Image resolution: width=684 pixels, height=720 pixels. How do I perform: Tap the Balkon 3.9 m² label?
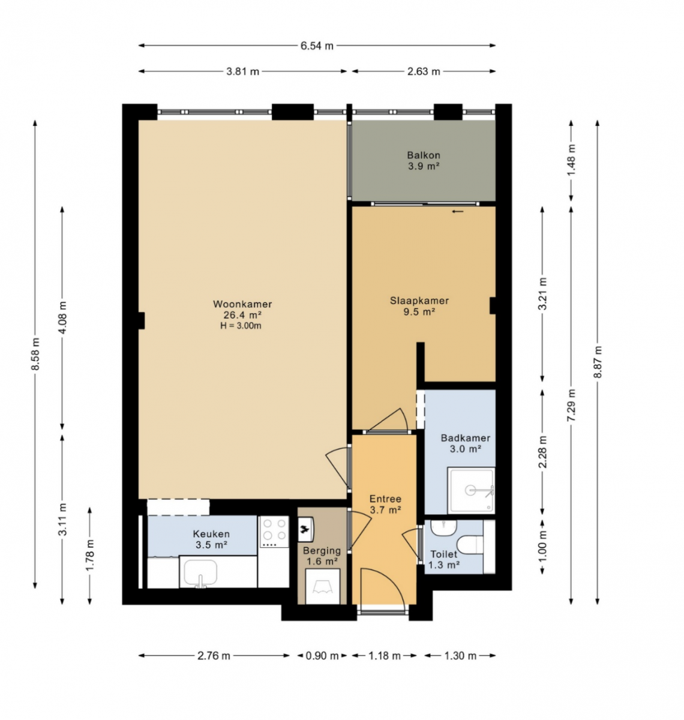(x=424, y=160)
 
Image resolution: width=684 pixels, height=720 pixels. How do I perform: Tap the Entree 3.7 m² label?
(x=385, y=504)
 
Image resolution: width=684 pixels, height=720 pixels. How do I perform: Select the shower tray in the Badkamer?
(x=471, y=490)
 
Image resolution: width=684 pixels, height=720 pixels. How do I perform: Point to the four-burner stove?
(x=274, y=532)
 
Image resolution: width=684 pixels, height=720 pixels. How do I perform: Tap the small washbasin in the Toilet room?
(x=443, y=528)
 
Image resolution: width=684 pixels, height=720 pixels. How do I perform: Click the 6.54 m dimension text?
(x=317, y=46)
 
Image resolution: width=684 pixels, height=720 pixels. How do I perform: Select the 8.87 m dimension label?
(x=598, y=362)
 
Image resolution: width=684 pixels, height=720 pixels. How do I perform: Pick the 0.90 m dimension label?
(x=322, y=656)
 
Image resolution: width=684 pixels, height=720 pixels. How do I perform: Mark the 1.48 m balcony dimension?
(x=571, y=160)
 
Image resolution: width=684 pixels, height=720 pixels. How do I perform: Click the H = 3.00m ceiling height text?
(x=241, y=326)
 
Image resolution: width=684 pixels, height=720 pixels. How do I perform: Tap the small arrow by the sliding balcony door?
(x=458, y=211)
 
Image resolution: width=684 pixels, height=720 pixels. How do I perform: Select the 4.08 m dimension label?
(x=62, y=317)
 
